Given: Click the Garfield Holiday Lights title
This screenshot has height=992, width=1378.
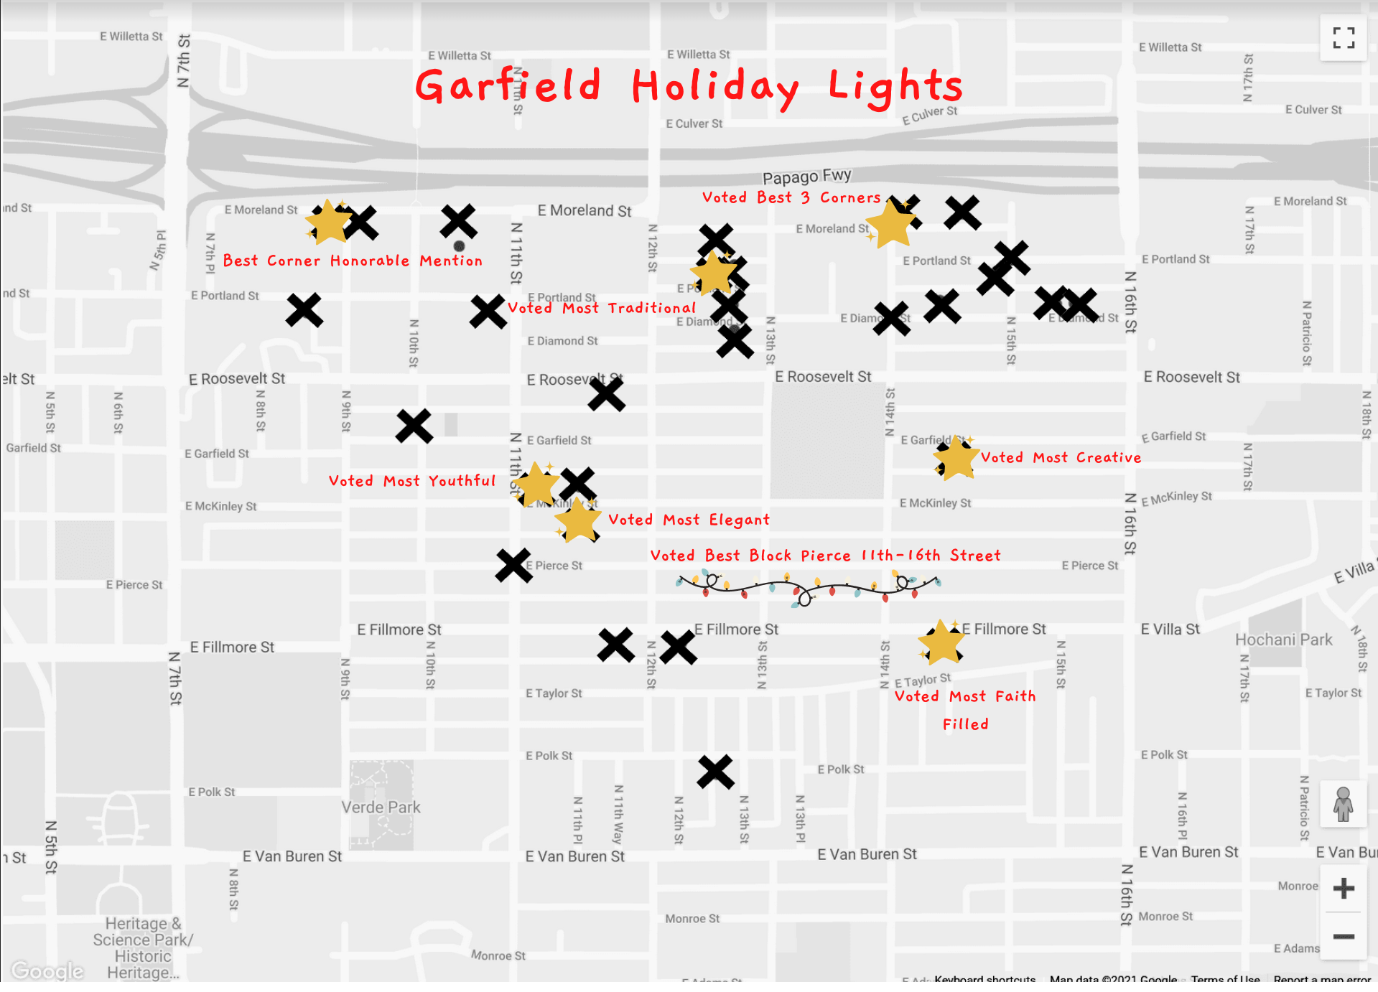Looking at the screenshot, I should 689,87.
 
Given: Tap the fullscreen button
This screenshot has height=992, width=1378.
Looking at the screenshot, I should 1343,38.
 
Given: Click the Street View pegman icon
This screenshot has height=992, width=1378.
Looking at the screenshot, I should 1343,804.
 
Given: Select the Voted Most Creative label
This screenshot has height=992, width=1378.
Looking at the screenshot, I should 1061,458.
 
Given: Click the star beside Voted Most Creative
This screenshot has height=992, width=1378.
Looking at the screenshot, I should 956,458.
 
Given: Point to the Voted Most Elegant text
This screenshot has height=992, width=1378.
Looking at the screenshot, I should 689,520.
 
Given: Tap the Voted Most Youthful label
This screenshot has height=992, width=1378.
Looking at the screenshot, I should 411,481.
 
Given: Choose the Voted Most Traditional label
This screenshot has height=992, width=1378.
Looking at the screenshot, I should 602,308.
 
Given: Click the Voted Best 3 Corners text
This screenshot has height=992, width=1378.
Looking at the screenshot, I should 791,197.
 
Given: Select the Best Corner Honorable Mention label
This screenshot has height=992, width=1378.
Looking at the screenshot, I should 353,261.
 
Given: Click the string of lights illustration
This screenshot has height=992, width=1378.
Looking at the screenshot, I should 808,587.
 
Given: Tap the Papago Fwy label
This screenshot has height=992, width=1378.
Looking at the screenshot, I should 806,176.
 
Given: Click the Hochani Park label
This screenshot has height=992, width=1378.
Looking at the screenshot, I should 1283,640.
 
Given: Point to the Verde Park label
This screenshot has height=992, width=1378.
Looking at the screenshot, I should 381,808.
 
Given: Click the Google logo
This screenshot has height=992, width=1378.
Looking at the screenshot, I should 47,970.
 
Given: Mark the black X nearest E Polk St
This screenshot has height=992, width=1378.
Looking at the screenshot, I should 715,772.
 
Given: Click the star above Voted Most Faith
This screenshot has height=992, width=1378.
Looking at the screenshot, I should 941,642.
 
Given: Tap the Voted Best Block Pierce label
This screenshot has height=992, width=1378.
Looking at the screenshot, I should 824,556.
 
